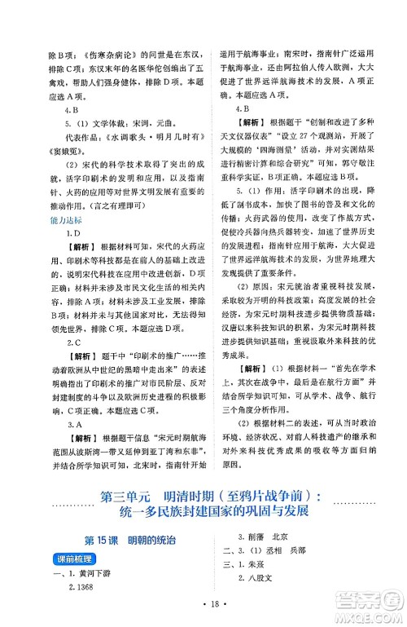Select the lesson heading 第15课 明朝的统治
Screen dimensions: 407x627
[132, 541]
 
